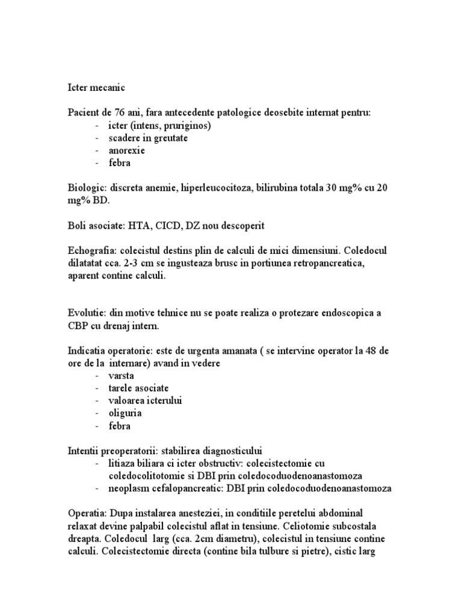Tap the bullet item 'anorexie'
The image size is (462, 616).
126,150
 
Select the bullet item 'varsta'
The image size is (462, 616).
121,375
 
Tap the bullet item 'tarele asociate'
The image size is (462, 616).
138,388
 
